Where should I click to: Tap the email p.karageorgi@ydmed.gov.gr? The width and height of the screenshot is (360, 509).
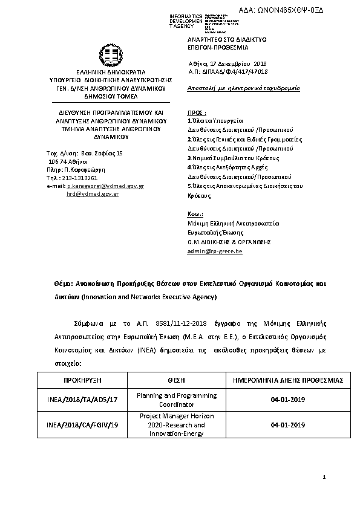coord(105,186)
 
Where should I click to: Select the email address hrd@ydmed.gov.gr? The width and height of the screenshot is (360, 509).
coord(93,194)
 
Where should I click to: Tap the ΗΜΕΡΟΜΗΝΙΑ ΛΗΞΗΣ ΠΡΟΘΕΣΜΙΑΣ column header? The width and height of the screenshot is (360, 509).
coord(287,380)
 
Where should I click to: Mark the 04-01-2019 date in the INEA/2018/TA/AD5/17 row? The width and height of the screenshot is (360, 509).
coord(287,400)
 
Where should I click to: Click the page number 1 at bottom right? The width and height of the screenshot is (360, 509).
coord(324,478)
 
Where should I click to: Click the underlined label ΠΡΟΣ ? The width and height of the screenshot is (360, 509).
coord(197,112)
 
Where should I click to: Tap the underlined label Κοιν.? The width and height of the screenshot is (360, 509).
coord(195,214)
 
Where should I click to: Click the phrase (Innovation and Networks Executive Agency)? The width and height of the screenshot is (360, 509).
coord(149,297)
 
